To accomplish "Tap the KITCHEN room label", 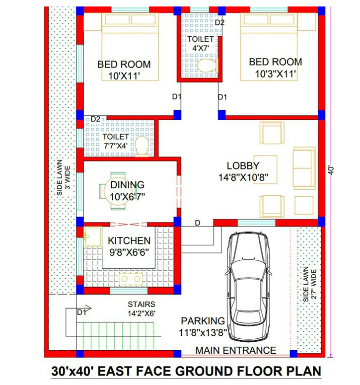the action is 129,240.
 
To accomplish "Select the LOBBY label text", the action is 243,166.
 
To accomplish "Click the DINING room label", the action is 127,185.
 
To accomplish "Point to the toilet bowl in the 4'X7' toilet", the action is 208,65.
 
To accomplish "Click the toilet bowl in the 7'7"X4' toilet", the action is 142,147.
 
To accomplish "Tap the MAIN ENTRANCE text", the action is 236,350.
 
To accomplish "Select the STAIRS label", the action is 142,304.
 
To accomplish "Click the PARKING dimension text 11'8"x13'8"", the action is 203,333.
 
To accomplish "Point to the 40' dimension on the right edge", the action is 331,170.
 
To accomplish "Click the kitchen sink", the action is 93,236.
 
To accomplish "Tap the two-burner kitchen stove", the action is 131,279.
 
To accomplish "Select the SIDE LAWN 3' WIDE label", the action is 64,177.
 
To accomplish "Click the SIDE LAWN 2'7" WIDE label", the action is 310,284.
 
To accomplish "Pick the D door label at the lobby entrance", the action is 198,223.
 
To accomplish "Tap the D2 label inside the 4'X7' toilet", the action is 219,22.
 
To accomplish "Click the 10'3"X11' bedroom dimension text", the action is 275,74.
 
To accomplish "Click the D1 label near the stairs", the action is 82,312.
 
